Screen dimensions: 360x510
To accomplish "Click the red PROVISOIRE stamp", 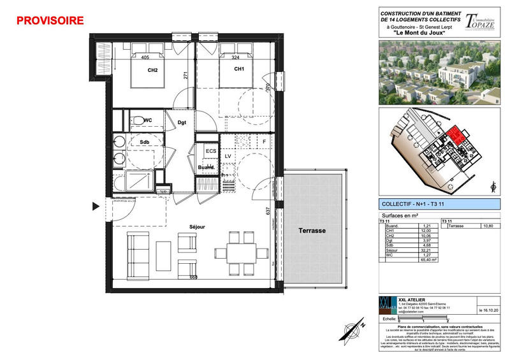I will click(x=50, y=20).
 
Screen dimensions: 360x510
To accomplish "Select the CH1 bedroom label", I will click(x=239, y=69).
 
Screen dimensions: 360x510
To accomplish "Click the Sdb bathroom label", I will click(x=143, y=141).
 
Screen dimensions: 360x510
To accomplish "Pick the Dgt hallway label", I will click(x=182, y=122).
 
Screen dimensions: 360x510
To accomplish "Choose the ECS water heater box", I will click(x=210, y=151).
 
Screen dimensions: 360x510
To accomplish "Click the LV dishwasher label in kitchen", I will click(x=228, y=156).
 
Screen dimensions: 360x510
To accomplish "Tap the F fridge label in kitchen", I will click(x=265, y=141).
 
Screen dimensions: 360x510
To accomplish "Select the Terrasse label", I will click(x=314, y=231).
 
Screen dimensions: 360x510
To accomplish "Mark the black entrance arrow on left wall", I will click(x=96, y=206).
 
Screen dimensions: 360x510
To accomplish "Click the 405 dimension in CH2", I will click(x=145, y=57).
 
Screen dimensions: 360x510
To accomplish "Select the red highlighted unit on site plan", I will click(x=455, y=136).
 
